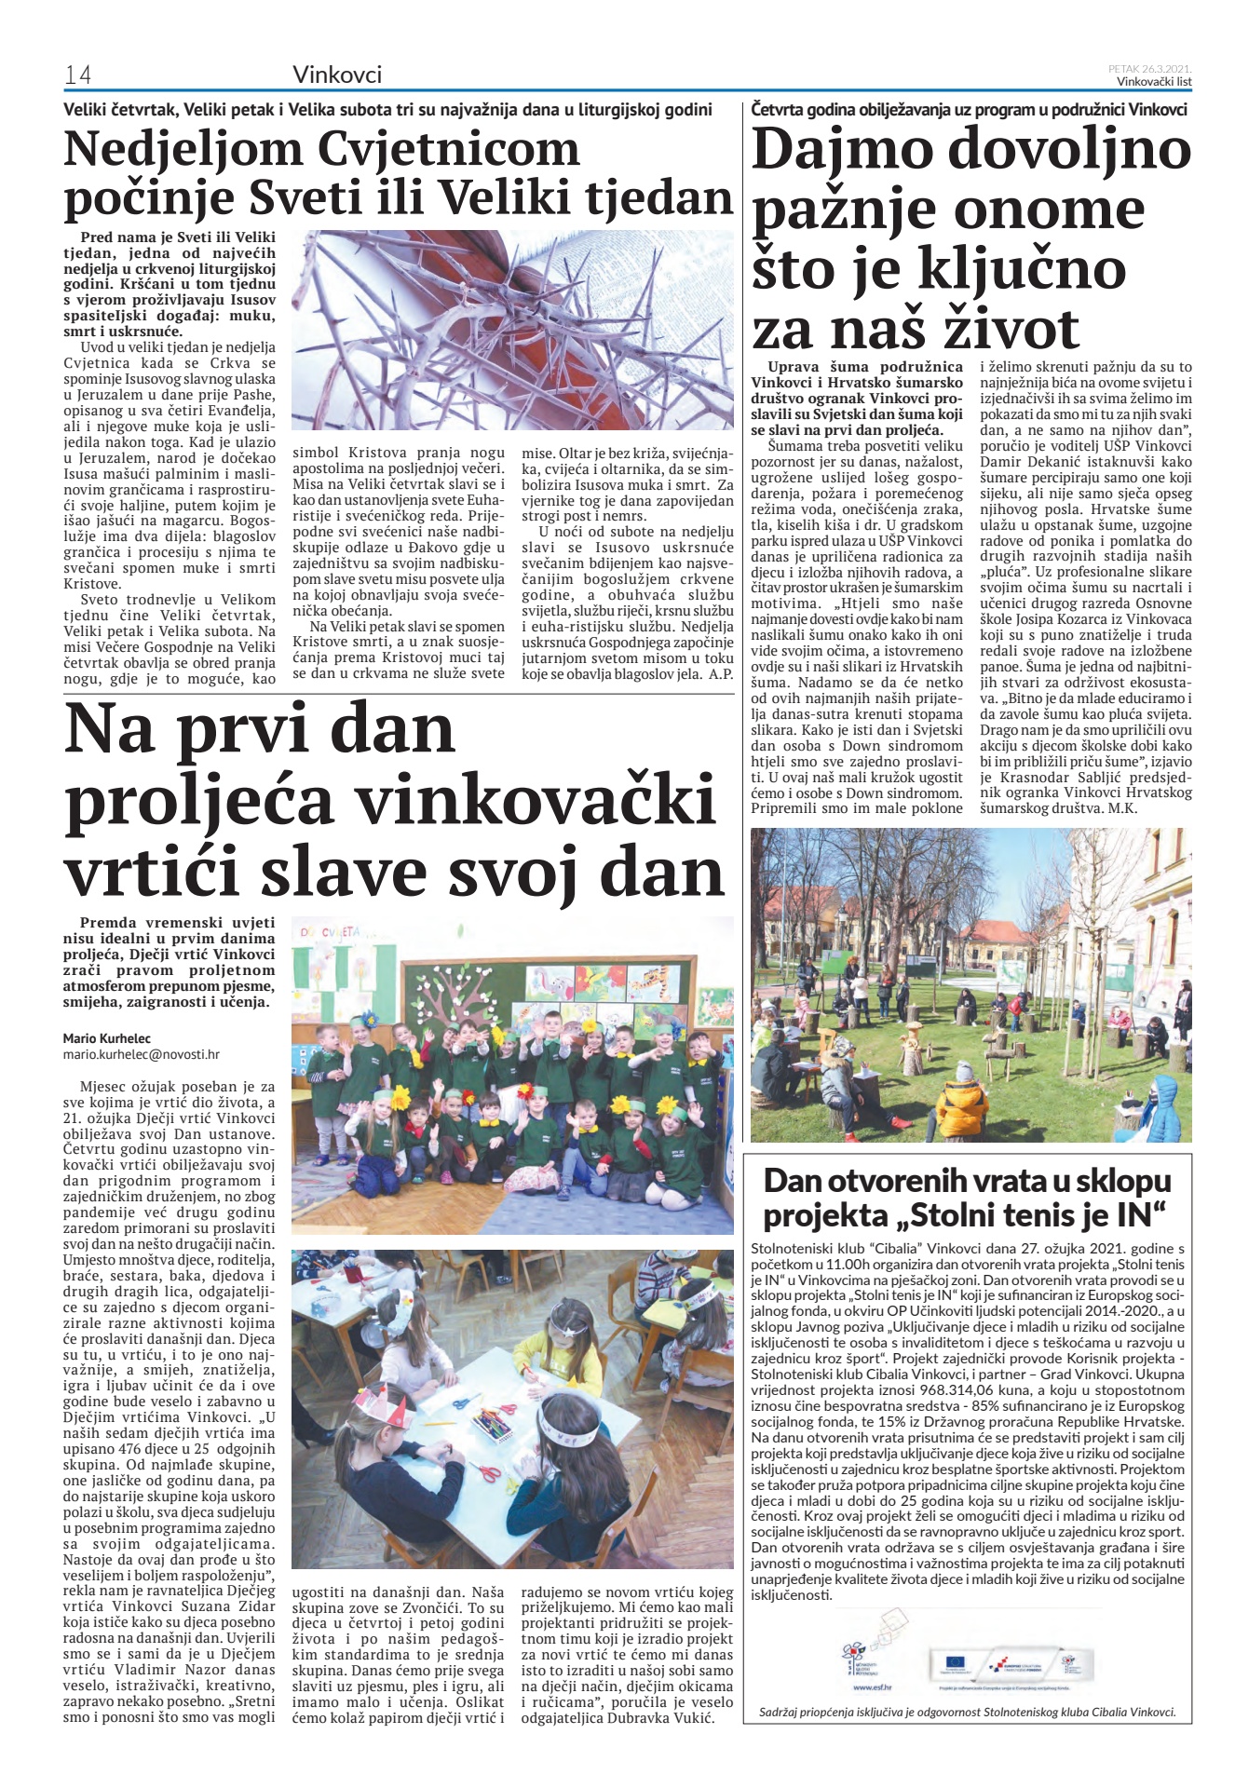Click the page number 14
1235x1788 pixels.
(77, 75)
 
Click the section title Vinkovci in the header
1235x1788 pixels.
(337, 74)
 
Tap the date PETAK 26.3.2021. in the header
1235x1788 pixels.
(1149, 68)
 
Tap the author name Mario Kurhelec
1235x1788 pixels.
(107, 1037)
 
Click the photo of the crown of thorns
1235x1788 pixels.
(512, 330)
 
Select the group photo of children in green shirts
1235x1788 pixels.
(512, 1075)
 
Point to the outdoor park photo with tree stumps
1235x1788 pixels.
(970, 984)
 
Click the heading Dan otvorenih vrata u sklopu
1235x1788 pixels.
(967, 1181)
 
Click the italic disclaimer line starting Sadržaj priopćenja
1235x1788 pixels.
(967, 1712)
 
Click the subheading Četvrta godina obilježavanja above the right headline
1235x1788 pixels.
(969, 110)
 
